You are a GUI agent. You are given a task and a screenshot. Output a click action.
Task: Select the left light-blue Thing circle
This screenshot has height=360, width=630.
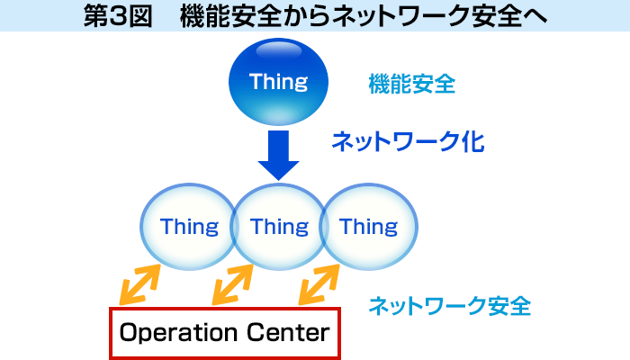[189, 226]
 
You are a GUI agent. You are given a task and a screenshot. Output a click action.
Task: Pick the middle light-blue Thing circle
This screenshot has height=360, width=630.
[279, 226]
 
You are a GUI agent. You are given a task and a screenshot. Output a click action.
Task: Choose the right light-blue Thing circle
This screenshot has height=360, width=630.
[369, 226]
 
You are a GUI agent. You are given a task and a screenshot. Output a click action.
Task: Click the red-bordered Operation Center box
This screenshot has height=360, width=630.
[225, 333]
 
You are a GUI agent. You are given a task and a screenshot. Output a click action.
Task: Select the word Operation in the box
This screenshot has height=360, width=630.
[181, 333]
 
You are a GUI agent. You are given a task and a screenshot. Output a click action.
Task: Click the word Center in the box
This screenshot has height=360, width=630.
[288, 333]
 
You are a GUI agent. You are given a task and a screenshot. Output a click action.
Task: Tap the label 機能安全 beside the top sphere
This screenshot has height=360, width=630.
[411, 85]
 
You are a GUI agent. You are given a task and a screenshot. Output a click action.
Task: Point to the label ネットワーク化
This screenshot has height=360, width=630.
[408, 141]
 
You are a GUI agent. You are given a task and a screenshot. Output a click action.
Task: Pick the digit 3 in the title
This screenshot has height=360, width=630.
[112, 15]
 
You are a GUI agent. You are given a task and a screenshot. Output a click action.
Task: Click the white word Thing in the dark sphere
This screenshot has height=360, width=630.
[278, 82]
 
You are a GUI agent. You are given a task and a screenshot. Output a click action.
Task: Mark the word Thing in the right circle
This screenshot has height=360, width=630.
[369, 226]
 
